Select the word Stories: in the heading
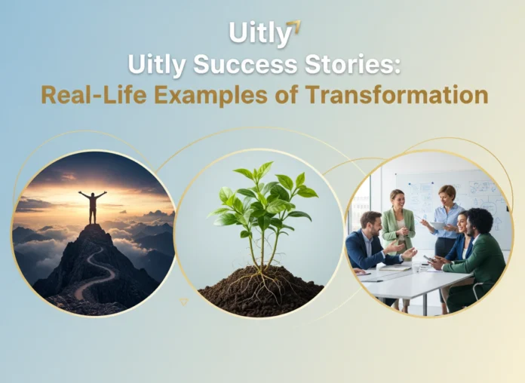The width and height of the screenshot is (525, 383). tap(354, 65)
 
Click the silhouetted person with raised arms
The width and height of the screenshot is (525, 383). tap(92, 205)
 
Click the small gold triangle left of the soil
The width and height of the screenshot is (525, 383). tap(183, 302)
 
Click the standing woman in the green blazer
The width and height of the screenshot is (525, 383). tap(397, 226)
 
